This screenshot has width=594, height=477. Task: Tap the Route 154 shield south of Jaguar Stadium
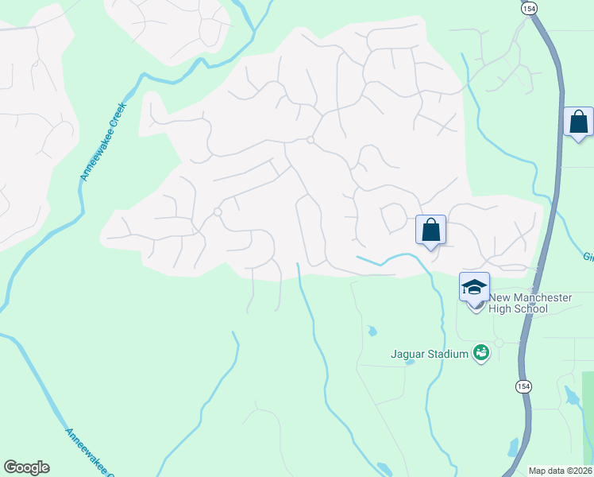[x=523, y=386]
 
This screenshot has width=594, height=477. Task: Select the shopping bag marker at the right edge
[x=579, y=122]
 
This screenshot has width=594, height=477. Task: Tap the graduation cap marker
[x=474, y=287]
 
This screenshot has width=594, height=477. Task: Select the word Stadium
[x=446, y=354]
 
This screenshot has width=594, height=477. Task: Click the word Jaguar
[x=407, y=354]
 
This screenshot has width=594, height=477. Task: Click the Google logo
[x=26, y=467]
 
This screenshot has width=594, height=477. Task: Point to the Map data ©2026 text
[x=560, y=471]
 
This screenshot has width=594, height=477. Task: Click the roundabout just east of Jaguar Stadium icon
[x=499, y=343]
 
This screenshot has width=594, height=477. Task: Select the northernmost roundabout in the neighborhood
[x=310, y=141]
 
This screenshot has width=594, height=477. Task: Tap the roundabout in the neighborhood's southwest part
[x=217, y=211]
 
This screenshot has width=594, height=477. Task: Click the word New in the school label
[x=499, y=297]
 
